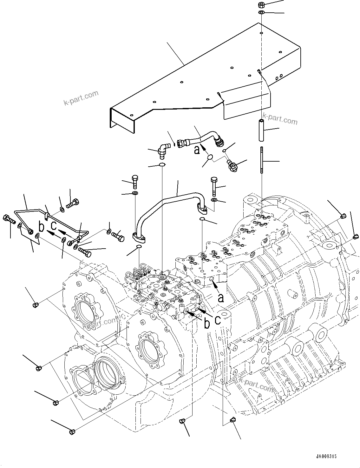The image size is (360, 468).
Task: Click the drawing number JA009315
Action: [326, 456]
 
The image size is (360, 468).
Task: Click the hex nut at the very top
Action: [261, 5]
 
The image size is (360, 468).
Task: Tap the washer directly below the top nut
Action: [261, 12]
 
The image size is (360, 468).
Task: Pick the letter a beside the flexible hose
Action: [197, 150]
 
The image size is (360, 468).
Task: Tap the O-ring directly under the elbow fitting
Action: [162, 164]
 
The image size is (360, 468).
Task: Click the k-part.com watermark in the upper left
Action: [81, 98]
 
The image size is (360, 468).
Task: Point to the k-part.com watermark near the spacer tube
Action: [280, 120]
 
